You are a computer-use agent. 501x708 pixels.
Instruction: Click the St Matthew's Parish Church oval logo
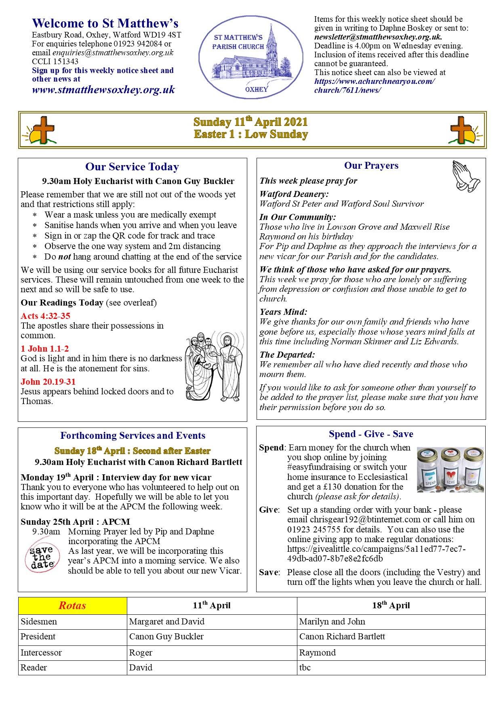coord(250,57)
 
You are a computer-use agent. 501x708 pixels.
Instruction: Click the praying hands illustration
coord(466,176)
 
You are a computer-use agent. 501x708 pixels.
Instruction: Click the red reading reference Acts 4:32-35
coord(46,316)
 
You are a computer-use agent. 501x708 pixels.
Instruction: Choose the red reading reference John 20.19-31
coord(48,381)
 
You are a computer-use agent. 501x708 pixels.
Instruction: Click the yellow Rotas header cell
coord(73,605)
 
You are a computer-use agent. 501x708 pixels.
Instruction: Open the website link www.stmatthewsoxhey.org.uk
coord(103,90)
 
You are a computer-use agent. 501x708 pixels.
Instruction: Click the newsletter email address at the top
coord(378,37)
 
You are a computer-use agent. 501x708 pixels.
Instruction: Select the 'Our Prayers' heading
coord(371,165)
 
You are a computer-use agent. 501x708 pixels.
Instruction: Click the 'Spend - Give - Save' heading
coord(371,434)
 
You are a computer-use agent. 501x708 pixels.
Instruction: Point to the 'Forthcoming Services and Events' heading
coord(133,436)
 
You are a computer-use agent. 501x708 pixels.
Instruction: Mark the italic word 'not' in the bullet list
coord(65,257)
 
